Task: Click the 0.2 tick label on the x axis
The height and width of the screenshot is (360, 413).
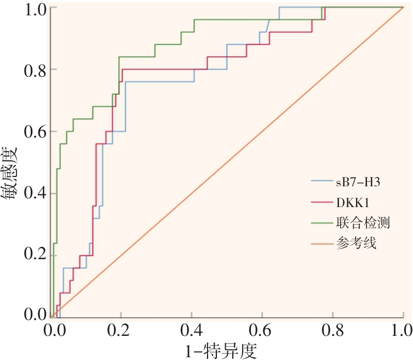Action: (121, 330)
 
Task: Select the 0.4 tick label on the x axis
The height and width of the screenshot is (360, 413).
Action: (191, 330)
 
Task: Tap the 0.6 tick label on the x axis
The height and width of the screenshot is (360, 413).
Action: (262, 330)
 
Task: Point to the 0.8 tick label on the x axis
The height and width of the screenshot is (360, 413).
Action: (332, 330)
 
